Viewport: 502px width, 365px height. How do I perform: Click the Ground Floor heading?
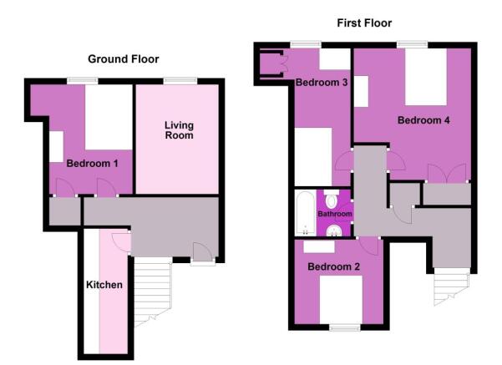(124, 59)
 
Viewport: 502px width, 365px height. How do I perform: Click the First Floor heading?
(363, 23)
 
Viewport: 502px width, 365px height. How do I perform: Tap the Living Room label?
(178, 130)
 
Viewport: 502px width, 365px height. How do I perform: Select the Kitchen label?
(104, 285)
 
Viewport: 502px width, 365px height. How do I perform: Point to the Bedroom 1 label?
(92, 163)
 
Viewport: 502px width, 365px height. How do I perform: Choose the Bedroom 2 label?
(333, 267)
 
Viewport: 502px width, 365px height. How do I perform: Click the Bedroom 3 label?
(321, 82)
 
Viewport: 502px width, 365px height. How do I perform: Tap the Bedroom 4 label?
(423, 120)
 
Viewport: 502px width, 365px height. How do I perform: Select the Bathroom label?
(335, 214)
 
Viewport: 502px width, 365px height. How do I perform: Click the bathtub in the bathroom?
(304, 213)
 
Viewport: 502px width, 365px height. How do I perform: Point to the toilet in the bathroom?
(332, 200)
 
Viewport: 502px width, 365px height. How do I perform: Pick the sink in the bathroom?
(333, 231)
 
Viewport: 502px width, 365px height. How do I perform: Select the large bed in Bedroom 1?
(108, 118)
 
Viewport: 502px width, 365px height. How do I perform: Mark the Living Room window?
(180, 80)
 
